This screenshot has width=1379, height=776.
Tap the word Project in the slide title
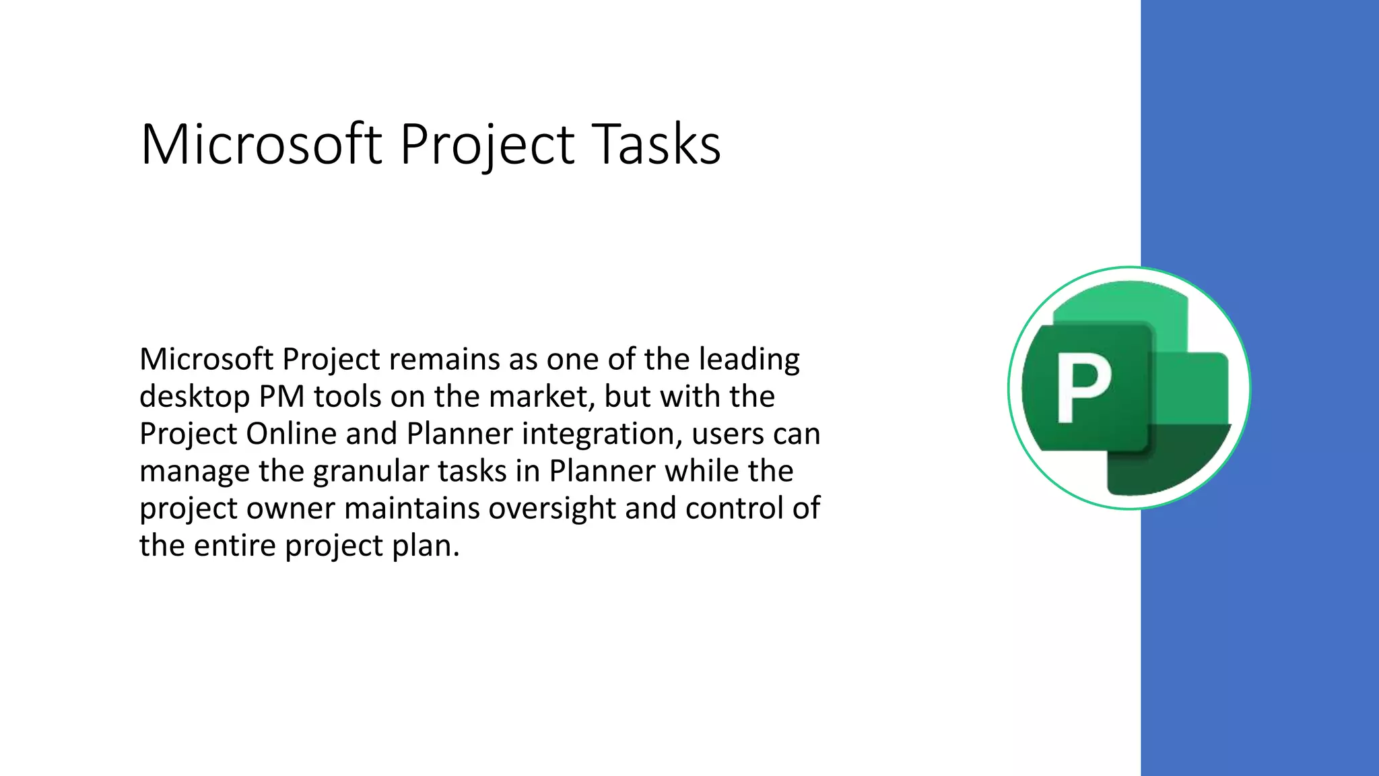point(487,145)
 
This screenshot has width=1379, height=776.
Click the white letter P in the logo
point(1083,389)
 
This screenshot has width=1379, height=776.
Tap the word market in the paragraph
point(541,397)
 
